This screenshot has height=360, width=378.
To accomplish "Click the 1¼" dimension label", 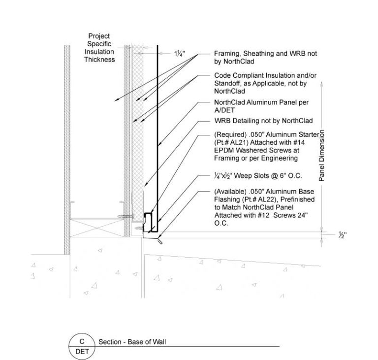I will (x=179, y=54).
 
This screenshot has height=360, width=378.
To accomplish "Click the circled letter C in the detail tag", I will (x=82, y=341).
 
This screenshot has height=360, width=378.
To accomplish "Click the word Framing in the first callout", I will (x=227, y=54).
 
